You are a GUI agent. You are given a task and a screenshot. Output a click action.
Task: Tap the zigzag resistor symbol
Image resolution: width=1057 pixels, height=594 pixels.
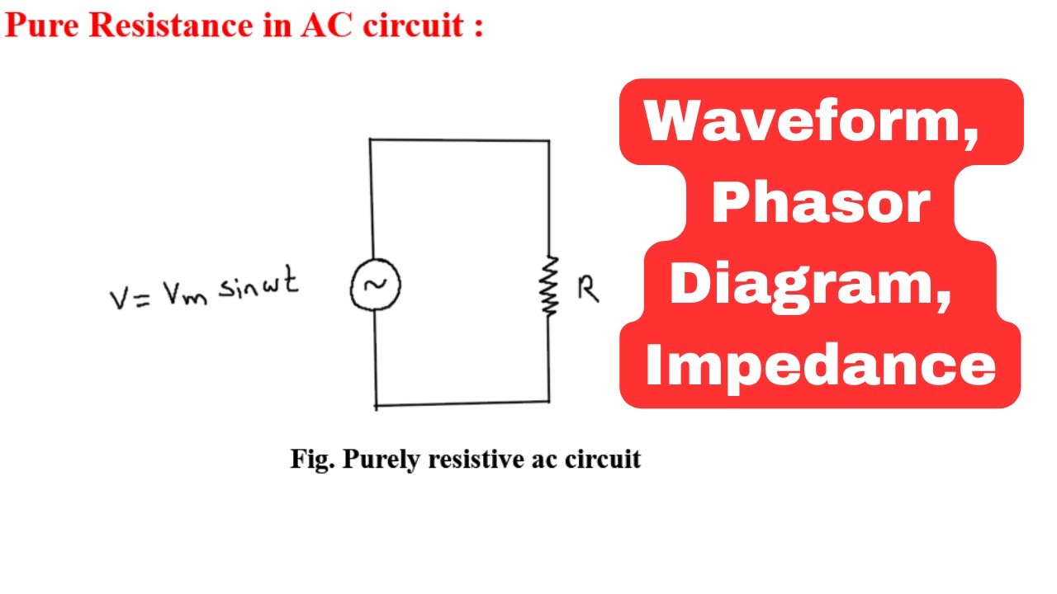[x=549, y=285]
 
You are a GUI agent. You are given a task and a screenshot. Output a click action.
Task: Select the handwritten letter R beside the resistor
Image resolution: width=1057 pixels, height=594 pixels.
[x=588, y=289]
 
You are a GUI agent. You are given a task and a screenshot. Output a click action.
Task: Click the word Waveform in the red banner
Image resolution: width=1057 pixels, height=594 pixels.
[x=811, y=121]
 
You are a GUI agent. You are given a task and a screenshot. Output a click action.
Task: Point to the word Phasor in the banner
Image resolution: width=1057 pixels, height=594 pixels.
[x=821, y=203]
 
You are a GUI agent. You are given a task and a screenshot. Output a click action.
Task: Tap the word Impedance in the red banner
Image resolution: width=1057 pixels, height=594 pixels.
[x=821, y=367]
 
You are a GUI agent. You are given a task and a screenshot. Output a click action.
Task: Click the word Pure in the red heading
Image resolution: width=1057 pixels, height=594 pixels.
[x=42, y=26]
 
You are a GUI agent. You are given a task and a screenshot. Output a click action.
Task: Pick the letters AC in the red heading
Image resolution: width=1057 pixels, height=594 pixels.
[x=326, y=26]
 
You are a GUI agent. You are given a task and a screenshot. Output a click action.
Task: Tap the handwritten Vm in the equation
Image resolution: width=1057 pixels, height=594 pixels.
[x=185, y=294]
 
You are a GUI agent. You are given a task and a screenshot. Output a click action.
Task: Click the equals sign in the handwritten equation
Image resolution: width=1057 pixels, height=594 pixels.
[x=142, y=299]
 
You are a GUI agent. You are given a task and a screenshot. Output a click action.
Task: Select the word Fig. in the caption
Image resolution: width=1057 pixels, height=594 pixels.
[x=312, y=460]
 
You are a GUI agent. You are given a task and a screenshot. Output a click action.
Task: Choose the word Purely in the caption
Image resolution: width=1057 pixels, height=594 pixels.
[x=382, y=460]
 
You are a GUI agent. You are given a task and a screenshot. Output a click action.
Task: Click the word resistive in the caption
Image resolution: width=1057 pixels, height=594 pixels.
[x=476, y=459]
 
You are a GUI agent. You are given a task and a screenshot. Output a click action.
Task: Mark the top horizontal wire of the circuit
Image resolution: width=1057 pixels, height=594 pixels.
[x=460, y=140]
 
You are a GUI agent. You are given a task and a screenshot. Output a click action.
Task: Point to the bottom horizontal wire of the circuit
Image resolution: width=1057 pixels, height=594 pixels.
[x=462, y=403]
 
